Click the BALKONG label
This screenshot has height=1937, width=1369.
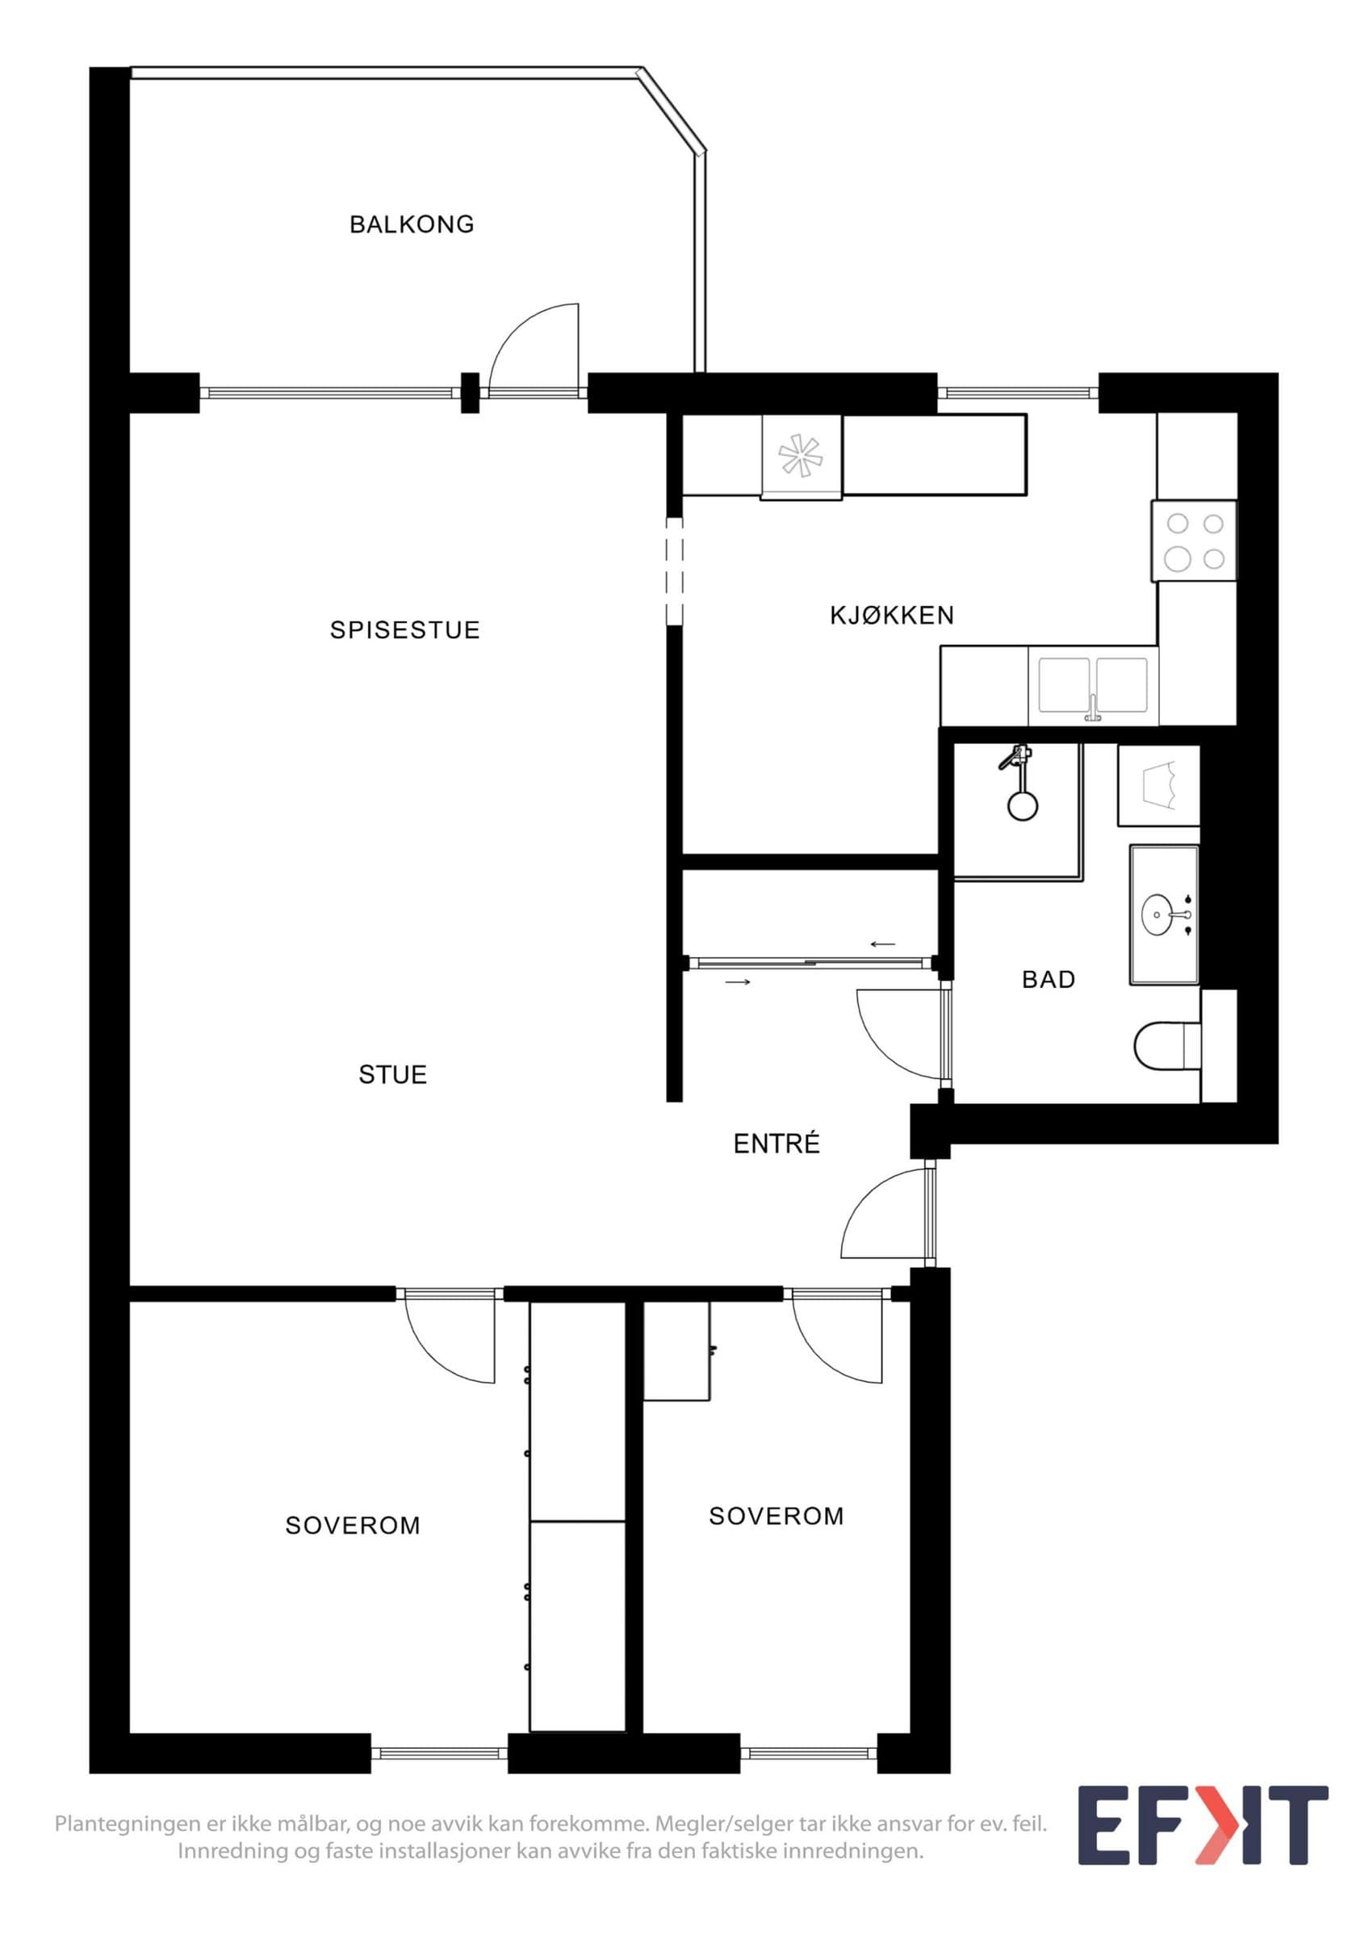pyautogui.click(x=412, y=224)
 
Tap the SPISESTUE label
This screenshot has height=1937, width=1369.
pyautogui.click(x=405, y=630)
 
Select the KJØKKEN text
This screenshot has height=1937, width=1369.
pyautogui.click(x=893, y=616)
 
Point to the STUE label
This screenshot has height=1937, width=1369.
pyautogui.click(x=393, y=1075)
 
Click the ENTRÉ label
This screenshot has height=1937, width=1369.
pyautogui.click(x=777, y=1143)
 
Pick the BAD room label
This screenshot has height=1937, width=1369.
pyautogui.click(x=1049, y=980)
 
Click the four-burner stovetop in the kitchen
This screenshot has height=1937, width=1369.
pyautogui.click(x=1195, y=541)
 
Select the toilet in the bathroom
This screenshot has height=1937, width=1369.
pyautogui.click(x=1167, y=1047)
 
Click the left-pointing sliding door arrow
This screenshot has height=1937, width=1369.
pyautogui.click(x=883, y=944)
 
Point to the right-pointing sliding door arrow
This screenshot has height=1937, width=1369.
pyautogui.click(x=738, y=982)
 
